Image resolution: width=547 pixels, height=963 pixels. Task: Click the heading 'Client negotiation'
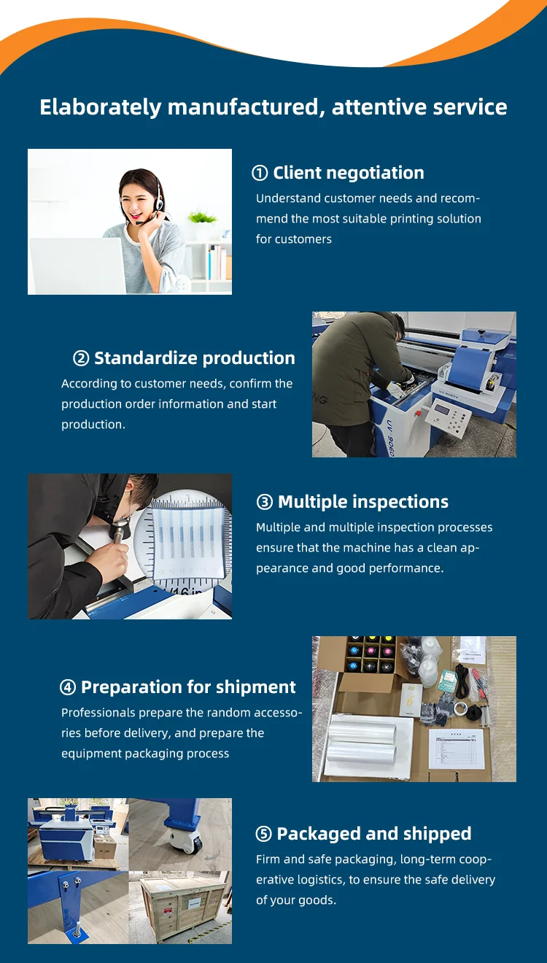pyautogui.click(x=349, y=173)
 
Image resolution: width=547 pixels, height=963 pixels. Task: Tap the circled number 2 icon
pyautogui.click(x=81, y=358)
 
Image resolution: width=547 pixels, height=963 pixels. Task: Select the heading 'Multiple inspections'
pyautogui.click(x=363, y=502)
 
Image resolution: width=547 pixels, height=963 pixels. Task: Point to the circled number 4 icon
pyautogui.click(x=68, y=687)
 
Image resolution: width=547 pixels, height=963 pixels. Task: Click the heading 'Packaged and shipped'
pyautogui.click(x=374, y=834)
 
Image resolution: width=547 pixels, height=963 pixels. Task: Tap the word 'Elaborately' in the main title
pyautogui.click(x=100, y=107)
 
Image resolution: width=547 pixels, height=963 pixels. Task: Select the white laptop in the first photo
pyautogui.click(x=77, y=266)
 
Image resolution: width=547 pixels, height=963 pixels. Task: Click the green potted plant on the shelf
pyautogui.click(x=201, y=217)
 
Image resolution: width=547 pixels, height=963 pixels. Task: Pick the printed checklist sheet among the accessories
pyautogui.click(x=457, y=749)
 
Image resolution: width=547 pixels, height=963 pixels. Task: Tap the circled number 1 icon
pyautogui.click(x=260, y=173)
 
